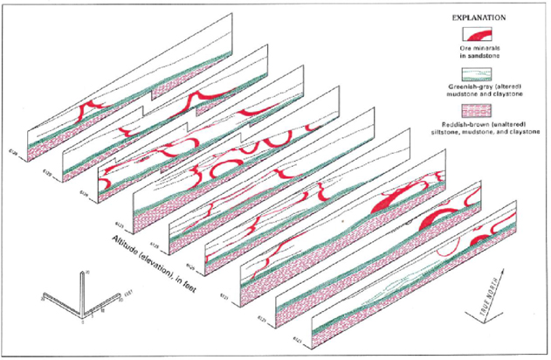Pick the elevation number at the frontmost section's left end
(x=285, y=339)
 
